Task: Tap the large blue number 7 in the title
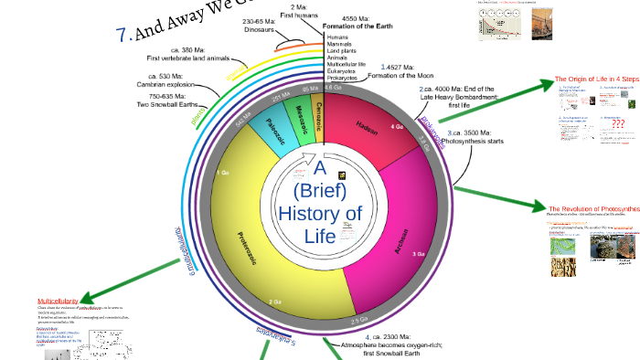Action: pos(123,35)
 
